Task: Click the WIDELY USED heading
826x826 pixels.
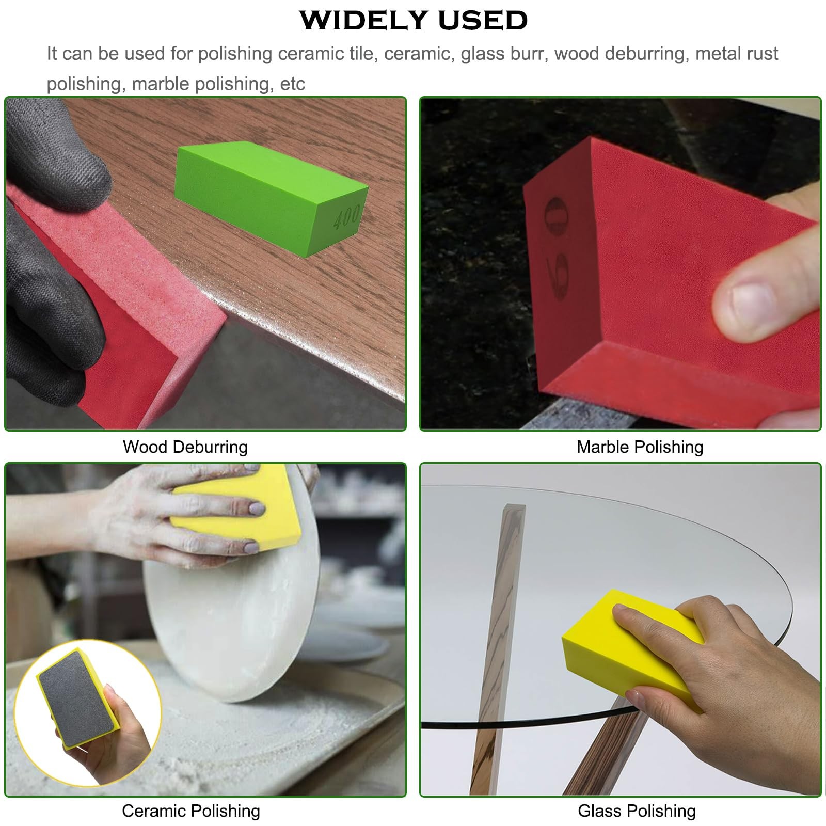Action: (x=414, y=20)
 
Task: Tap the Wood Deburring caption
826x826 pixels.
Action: (x=185, y=447)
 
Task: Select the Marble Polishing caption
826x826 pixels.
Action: (x=640, y=447)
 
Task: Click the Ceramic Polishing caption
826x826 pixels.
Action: (x=191, y=811)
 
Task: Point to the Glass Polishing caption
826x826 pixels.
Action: (x=637, y=811)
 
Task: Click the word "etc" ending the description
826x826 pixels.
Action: (x=292, y=84)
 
